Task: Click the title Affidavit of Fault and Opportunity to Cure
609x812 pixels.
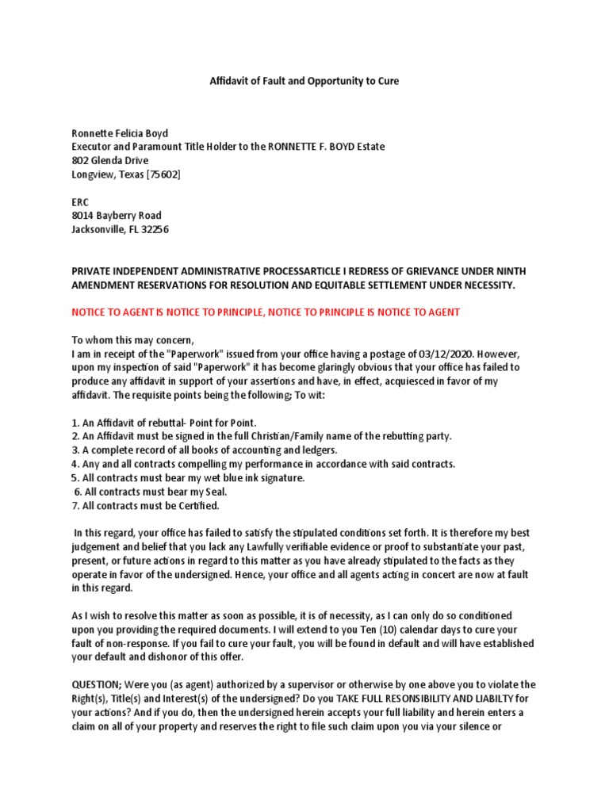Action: pos(304,81)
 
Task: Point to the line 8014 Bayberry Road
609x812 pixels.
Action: pos(117,216)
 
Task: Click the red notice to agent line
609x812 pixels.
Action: pos(266,312)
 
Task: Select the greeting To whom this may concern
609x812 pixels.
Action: pos(132,340)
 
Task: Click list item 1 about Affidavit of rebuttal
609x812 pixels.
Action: pos(164,423)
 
